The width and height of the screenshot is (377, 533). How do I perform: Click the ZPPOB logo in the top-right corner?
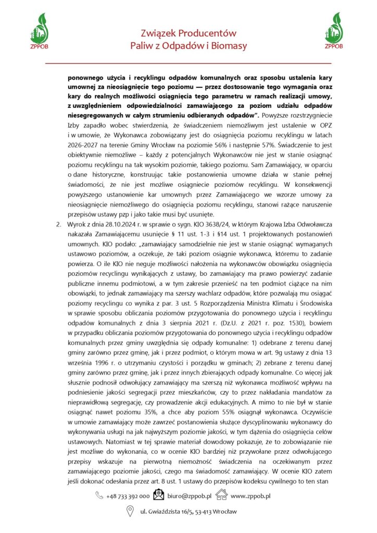pyautogui.click(x=333, y=29)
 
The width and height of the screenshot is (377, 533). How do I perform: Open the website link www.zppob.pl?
pyautogui.click(x=250, y=497)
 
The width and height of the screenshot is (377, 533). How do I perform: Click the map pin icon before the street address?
pyautogui.click(x=131, y=512)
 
